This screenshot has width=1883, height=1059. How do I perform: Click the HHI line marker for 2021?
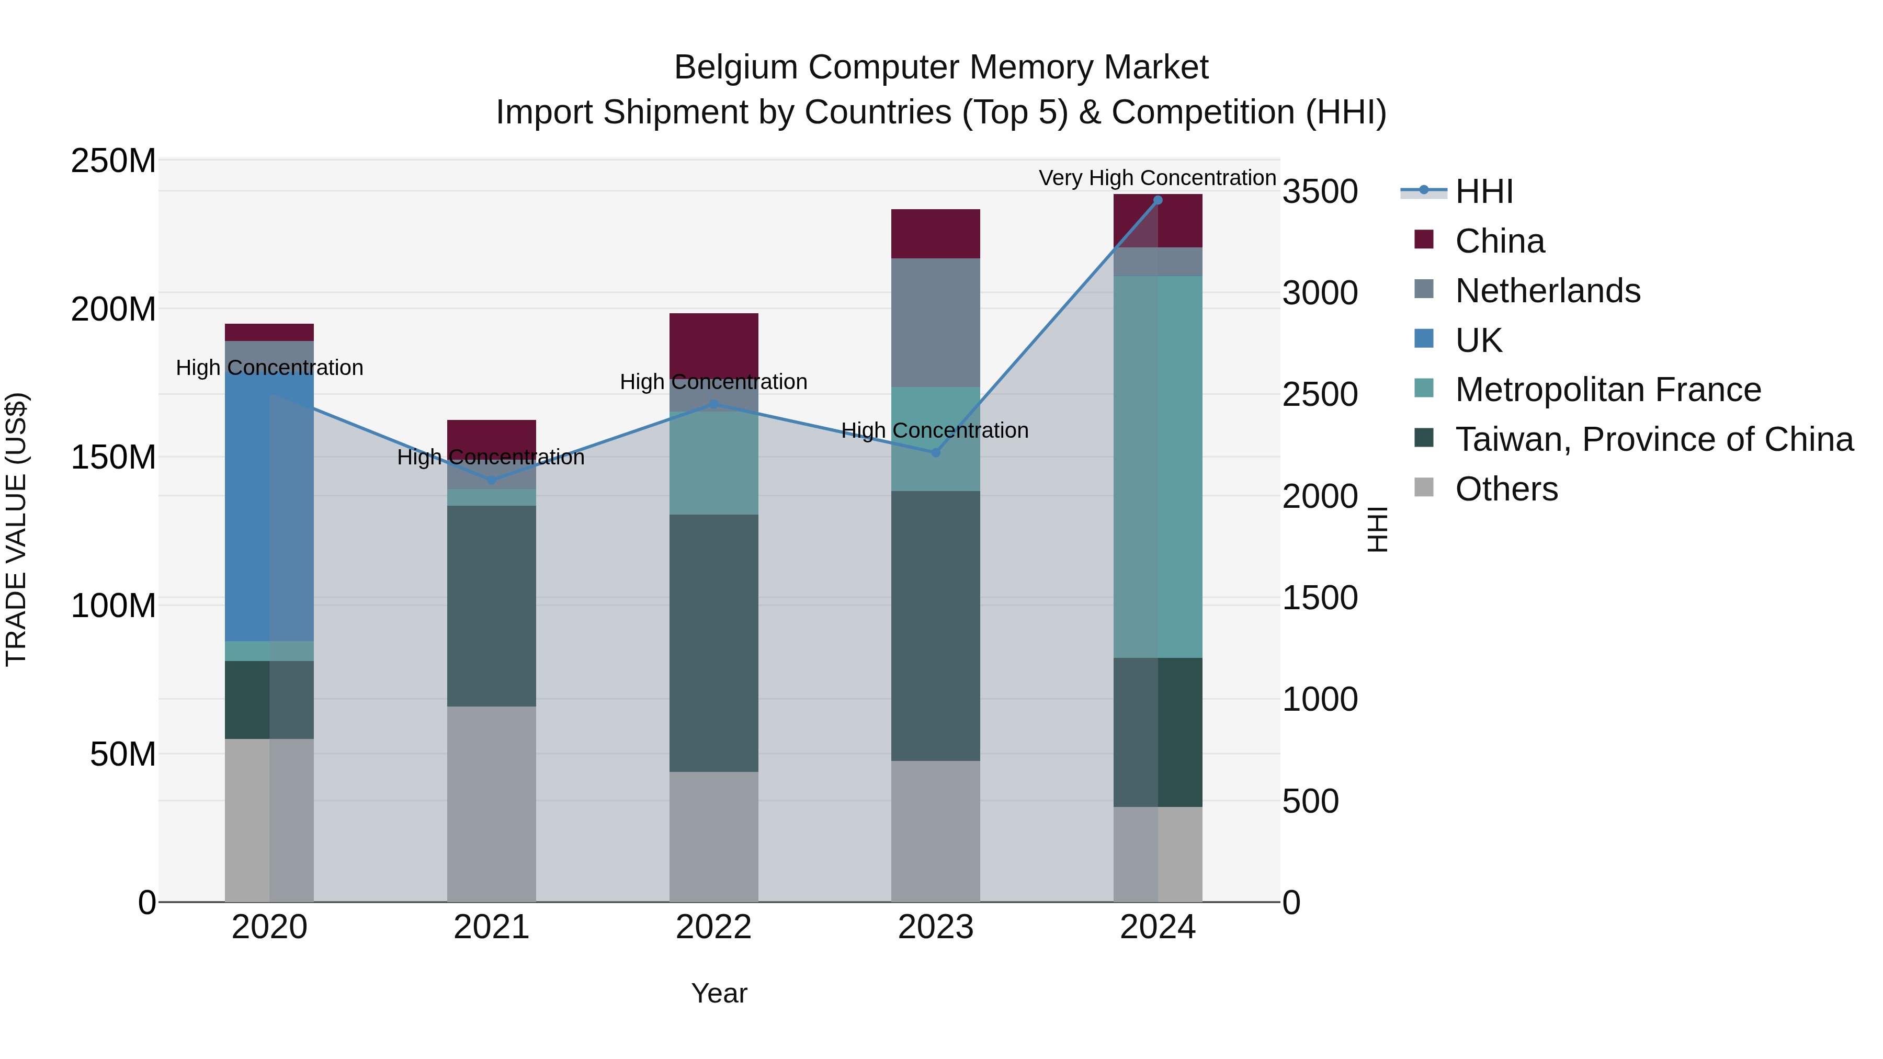(x=491, y=480)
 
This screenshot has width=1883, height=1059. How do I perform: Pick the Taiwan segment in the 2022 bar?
(x=713, y=643)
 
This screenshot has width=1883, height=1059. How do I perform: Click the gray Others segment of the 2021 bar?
(x=491, y=804)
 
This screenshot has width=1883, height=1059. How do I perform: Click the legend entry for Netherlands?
(x=1548, y=291)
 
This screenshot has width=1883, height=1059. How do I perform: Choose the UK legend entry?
(x=1478, y=340)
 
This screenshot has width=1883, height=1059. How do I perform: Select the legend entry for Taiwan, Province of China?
(x=1653, y=439)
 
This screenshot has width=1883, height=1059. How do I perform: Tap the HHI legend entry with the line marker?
(x=1483, y=191)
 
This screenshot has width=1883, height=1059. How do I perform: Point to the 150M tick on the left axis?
(x=114, y=458)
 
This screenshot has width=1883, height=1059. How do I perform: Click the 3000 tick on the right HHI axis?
(x=1320, y=293)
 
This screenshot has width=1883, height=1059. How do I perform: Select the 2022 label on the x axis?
(x=713, y=927)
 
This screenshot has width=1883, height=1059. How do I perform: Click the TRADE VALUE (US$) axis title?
(x=16, y=529)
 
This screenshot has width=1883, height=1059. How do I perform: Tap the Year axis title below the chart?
(x=719, y=993)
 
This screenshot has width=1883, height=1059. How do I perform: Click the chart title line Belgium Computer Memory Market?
(x=941, y=67)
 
